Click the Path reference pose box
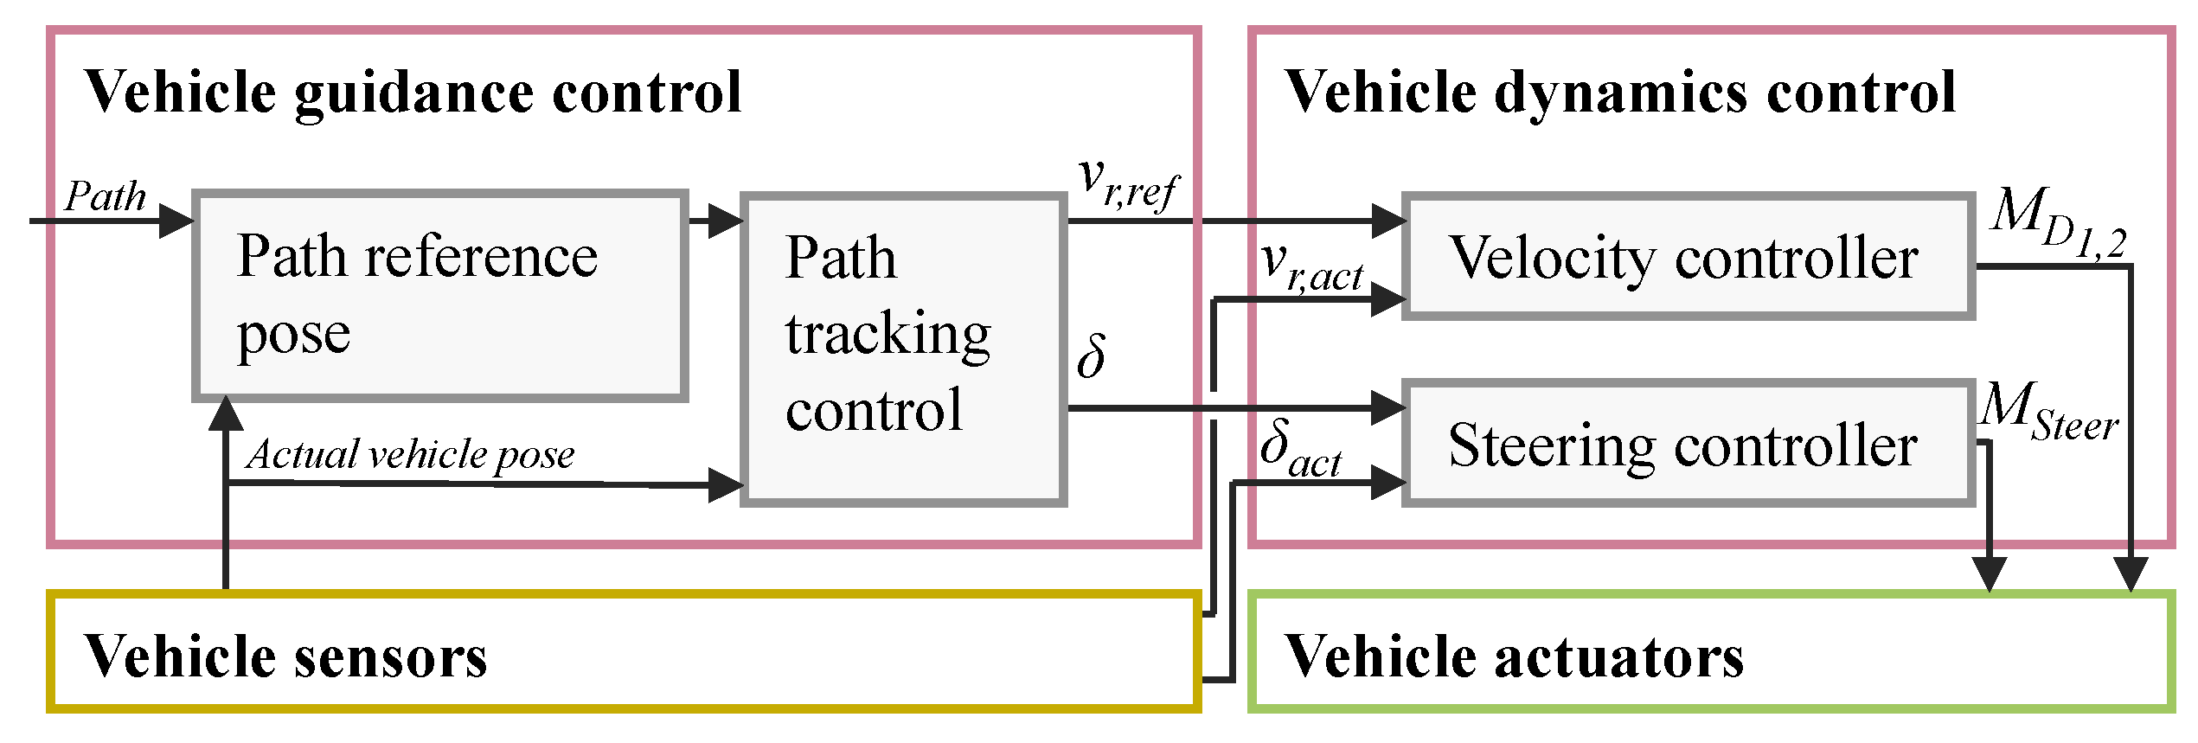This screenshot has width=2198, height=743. coord(439,296)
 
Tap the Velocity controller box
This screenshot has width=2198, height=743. coord(1687,257)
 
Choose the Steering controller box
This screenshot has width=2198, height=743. coord(1687,444)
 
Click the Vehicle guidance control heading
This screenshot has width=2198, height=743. coord(413,92)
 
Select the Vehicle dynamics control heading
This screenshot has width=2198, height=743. coord(1619,92)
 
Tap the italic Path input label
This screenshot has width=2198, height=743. coord(106,196)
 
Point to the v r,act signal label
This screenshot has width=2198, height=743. coord(1310,266)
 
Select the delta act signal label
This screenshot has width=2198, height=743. coord(1300,448)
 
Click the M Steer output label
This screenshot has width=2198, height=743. coord(2048,413)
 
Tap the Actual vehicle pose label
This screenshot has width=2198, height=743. coord(410,454)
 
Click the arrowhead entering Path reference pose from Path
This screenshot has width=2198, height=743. coord(176,221)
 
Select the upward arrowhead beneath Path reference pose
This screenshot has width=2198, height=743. coord(227,413)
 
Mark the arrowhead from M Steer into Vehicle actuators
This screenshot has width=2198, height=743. coord(1990,573)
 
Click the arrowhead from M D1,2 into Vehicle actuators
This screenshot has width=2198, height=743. coord(2131,573)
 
